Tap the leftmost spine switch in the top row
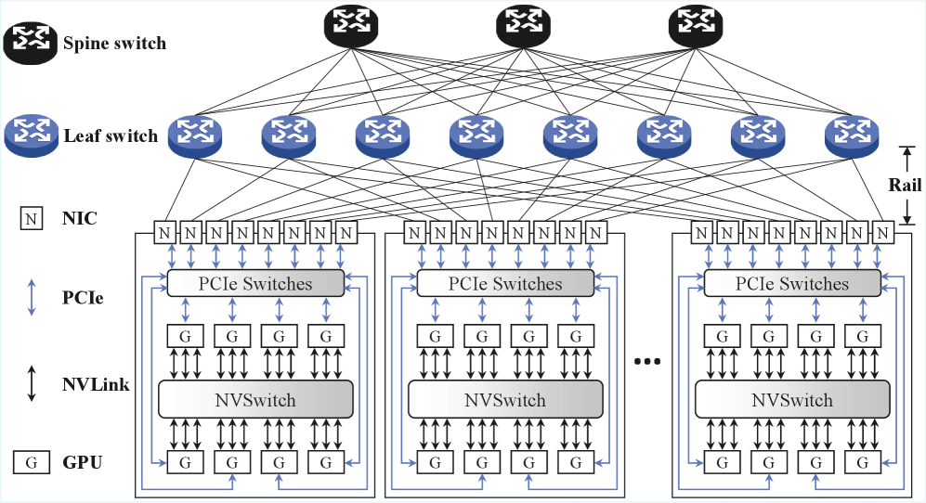352,28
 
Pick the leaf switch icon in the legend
32,135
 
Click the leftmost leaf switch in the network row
196,135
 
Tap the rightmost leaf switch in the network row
852,135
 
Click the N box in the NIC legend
32,219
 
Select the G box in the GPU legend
32,461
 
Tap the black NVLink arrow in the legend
32,382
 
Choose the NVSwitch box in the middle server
506,400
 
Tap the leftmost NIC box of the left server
165,231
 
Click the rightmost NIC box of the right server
881,231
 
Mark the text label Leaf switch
111,136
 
